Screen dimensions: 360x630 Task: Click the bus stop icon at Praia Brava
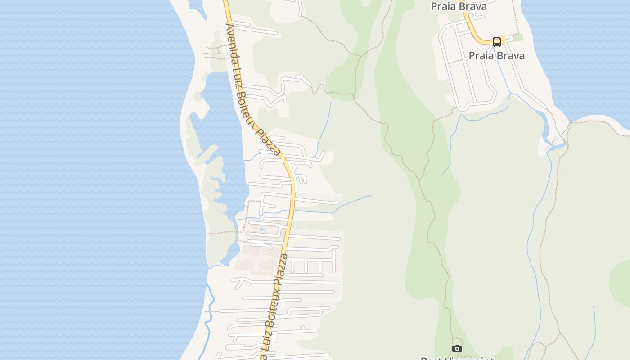click(x=497, y=42)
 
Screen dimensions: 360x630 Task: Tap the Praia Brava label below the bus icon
click(x=497, y=56)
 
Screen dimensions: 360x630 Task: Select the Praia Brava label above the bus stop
click(x=459, y=6)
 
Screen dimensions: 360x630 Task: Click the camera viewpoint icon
click(x=457, y=348)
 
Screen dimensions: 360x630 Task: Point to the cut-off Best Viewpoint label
click(x=457, y=358)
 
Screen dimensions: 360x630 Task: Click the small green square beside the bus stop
click(x=518, y=37)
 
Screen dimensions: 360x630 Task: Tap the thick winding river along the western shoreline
click(x=208, y=315)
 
